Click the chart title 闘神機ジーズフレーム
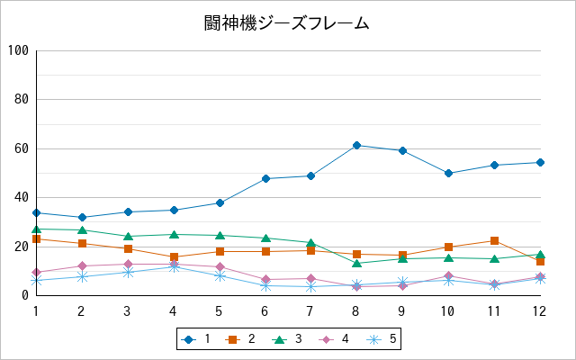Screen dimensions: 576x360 click(x=286, y=23)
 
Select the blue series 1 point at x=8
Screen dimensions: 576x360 click(x=356, y=146)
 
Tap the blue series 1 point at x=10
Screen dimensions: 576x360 click(x=448, y=173)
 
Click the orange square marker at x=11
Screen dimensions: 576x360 click(x=494, y=241)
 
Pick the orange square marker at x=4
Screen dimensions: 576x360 click(x=174, y=256)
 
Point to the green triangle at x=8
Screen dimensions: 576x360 click(x=356, y=263)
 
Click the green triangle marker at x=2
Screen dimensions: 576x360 click(x=82, y=230)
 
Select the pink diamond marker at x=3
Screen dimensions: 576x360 click(x=128, y=264)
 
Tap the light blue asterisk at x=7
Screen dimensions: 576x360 click(x=310, y=287)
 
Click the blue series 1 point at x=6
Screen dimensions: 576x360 click(x=265, y=179)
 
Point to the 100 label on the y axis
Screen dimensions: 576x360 click(x=18, y=50)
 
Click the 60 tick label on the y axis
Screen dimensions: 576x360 click(x=22, y=148)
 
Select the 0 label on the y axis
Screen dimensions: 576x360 click(x=25, y=295)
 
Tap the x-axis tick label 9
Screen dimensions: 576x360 click(x=401, y=311)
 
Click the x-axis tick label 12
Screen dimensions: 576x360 click(x=539, y=311)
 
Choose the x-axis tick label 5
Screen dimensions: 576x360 click(x=219, y=311)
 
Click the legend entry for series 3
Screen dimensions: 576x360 click(x=287, y=339)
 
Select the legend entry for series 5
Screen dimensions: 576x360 click(x=382, y=339)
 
